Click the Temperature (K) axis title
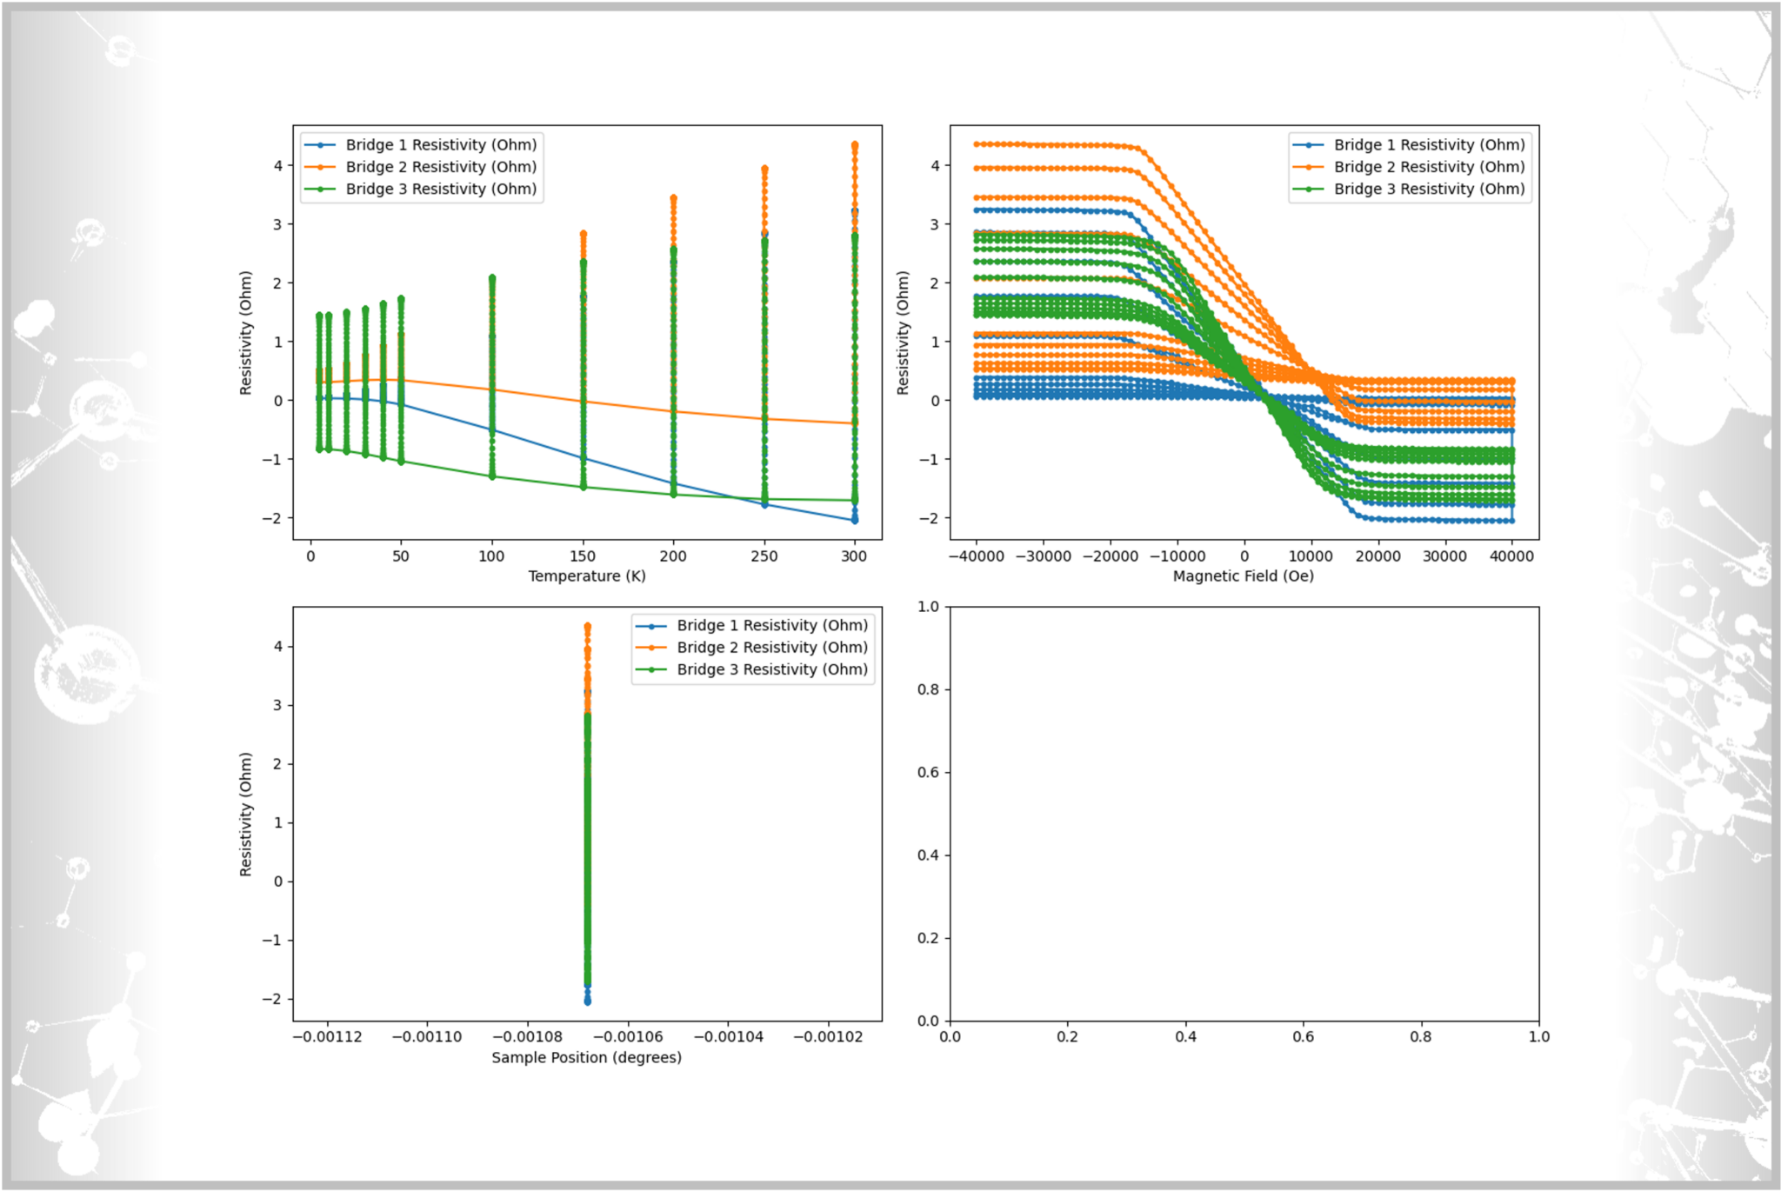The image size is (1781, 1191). click(x=587, y=576)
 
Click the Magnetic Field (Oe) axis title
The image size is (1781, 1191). click(x=1243, y=576)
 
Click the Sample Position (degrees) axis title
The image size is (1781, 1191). click(x=587, y=1057)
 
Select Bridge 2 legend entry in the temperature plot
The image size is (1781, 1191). click(x=441, y=167)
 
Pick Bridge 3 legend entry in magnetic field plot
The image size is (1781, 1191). click(x=1429, y=189)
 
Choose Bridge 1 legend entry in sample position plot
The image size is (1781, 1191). click(x=772, y=625)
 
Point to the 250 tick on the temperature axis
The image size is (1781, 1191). click(x=764, y=556)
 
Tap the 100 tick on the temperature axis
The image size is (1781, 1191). click(x=492, y=556)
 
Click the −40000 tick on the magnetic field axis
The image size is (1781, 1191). click(x=976, y=556)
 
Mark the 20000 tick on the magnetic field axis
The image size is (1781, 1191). click(x=1377, y=556)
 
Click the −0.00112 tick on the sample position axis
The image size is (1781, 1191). click(x=327, y=1037)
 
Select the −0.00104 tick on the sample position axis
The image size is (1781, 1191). click(x=728, y=1037)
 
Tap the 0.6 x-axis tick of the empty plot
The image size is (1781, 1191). click(x=1304, y=1037)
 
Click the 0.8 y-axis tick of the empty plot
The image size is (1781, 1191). click(x=929, y=689)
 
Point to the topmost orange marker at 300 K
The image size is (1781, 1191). click(x=855, y=145)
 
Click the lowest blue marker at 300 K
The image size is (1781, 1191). click(x=855, y=520)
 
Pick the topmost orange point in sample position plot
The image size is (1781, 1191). click(x=588, y=626)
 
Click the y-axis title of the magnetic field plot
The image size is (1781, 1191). click(x=904, y=333)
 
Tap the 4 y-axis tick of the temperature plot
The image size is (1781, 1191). click(x=278, y=165)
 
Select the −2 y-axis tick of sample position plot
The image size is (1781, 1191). click(x=273, y=999)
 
